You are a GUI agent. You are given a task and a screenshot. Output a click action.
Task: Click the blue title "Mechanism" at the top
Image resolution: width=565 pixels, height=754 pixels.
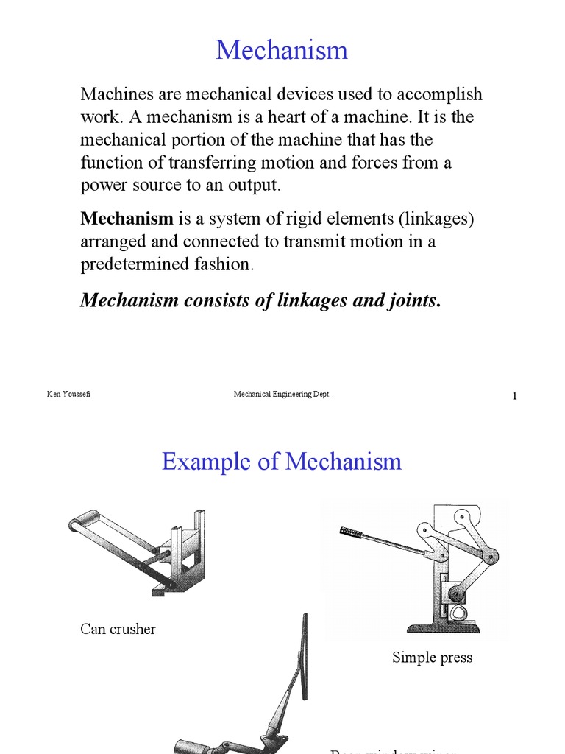coord(282,51)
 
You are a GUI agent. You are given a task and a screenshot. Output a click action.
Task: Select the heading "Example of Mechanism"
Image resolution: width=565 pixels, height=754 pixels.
coord(282,462)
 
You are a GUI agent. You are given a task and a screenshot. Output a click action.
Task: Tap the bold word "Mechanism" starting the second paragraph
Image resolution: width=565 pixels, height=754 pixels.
coord(127,219)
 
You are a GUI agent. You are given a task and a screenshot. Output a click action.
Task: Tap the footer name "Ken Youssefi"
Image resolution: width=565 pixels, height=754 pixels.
coord(68,395)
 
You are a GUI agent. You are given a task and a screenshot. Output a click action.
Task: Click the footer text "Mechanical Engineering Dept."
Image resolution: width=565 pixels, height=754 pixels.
coord(282,395)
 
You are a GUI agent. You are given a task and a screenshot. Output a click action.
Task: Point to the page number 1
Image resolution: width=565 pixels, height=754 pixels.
coord(515,397)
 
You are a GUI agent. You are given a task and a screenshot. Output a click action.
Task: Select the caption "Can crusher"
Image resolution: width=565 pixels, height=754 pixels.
coord(118,629)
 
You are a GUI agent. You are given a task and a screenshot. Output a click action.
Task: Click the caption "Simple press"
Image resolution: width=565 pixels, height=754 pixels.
coord(432,658)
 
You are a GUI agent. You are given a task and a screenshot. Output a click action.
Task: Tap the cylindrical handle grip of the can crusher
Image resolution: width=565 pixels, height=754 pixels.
coord(85,520)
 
